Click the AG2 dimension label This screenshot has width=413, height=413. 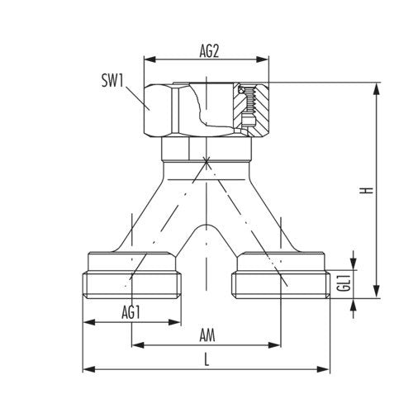pyautogui.click(x=209, y=51)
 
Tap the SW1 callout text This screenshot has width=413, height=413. pyautogui.click(x=112, y=81)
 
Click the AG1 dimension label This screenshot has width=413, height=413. pyautogui.click(x=131, y=313)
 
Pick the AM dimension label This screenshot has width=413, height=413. pyautogui.click(x=207, y=335)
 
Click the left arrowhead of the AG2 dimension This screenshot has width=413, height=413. pyautogui.click(x=150, y=59)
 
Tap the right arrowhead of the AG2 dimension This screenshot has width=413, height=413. pyautogui.click(x=263, y=59)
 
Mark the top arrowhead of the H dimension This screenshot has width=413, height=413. pyautogui.click(x=377, y=88)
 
